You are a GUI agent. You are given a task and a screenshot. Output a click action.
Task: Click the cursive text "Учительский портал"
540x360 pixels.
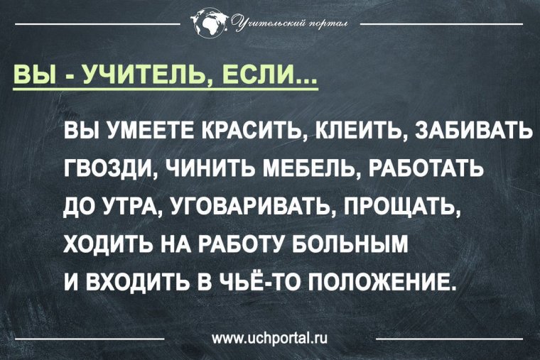[287, 26]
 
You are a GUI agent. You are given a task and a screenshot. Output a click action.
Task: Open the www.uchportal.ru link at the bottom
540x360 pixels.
[269, 335]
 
